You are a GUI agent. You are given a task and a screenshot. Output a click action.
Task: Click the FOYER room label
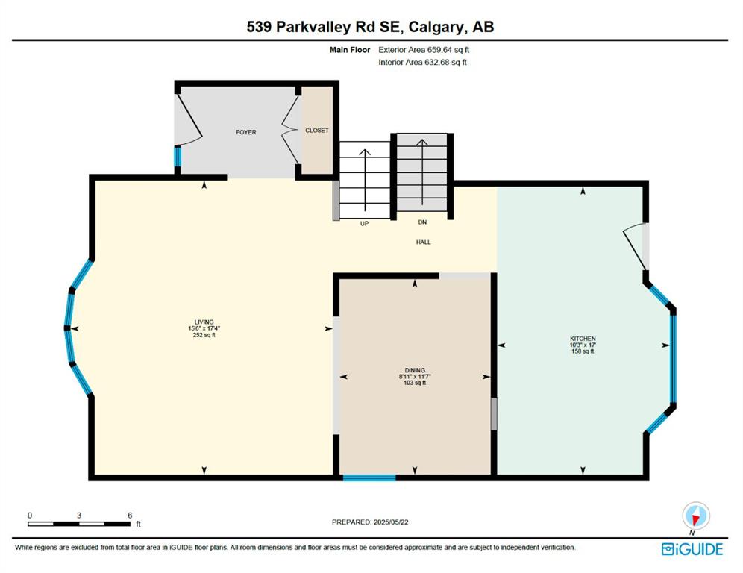(246, 132)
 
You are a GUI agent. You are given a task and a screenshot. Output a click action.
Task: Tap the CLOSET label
(317, 131)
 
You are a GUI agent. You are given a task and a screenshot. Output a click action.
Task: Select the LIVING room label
(204, 322)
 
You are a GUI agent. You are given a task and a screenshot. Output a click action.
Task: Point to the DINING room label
(415, 370)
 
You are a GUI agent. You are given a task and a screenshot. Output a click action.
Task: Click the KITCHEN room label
(583, 339)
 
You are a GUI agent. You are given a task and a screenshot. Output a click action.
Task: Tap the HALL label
(424, 242)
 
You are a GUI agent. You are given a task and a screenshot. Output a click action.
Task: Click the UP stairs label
(364, 224)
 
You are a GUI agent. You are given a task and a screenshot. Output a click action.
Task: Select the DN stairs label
(422, 222)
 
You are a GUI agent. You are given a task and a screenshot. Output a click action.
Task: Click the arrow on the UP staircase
(365, 180)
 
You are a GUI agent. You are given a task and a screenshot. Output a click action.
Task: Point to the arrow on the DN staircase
(421, 173)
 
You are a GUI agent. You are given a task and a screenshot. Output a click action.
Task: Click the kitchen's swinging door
(635, 245)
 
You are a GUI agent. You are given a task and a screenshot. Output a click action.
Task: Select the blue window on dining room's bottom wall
(369, 477)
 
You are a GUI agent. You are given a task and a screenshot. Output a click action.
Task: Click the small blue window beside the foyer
(178, 157)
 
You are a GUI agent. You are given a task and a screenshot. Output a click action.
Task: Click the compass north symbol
(695, 516)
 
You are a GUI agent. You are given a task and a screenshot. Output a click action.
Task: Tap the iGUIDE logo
(692, 549)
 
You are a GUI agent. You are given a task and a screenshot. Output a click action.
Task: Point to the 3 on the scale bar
(79, 516)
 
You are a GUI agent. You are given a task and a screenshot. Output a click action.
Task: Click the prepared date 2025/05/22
(390, 522)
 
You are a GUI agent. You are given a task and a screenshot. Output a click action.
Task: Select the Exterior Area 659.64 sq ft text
(424, 50)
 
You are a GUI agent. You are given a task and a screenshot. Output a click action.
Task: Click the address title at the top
(370, 27)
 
